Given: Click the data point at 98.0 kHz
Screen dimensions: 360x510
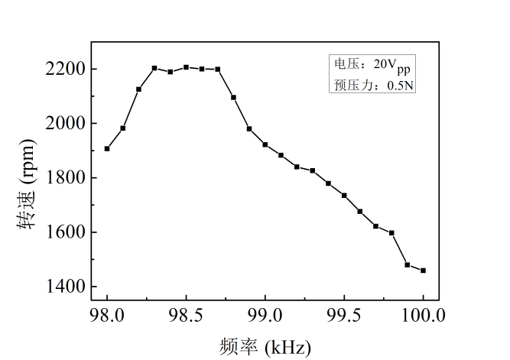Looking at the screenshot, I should (x=107, y=148).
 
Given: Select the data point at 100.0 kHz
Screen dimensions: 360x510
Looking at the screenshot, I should (x=423, y=270).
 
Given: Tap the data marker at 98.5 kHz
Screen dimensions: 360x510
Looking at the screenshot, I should (x=186, y=67).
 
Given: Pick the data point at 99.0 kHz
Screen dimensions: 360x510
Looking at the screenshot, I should (x=265, y=144).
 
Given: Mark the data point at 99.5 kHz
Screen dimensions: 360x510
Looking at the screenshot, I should (x=344, y=195).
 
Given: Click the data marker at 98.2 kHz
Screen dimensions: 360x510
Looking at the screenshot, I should (x=138, y=89).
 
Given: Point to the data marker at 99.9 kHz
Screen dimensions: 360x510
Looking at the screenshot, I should (x=408, y=264).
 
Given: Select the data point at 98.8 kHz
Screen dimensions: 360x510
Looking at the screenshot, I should (x=233, y=97).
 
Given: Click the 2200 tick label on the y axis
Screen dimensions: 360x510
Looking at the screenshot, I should (x=60, y=70).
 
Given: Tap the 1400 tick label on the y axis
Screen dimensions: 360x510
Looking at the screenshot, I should (x=60, y=287).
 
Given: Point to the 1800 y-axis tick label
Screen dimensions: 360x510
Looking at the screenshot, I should (x=60, y=178).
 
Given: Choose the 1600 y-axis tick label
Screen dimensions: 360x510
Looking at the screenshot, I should (x=60, y=232).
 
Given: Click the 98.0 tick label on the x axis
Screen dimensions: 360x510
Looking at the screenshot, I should (x=107, y=315).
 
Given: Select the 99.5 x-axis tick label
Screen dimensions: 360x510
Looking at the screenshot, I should (x=344, y=315).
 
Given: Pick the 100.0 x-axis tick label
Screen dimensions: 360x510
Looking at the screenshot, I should (x=423, y=315).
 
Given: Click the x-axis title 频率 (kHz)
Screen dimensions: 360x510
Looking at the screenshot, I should (x=265, y=346).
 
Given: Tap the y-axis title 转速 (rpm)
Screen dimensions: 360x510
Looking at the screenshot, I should (x=25, y=183).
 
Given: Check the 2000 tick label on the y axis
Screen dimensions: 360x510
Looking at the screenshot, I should (x=60, y=124).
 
